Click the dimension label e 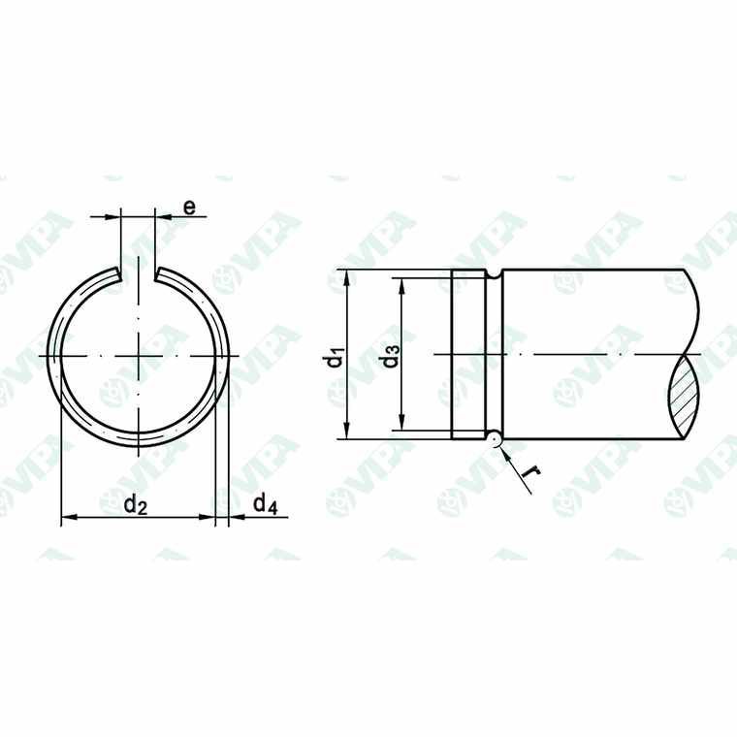pos(189,207)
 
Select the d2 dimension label pos(136,504)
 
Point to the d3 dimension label pos(391,356)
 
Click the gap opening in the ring pos(138,272)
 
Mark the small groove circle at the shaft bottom pos(495,439)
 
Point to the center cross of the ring pos(138,356)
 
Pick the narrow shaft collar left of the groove pos(468,356)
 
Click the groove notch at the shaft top pos(495,274)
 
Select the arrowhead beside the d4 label pos(235,519)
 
